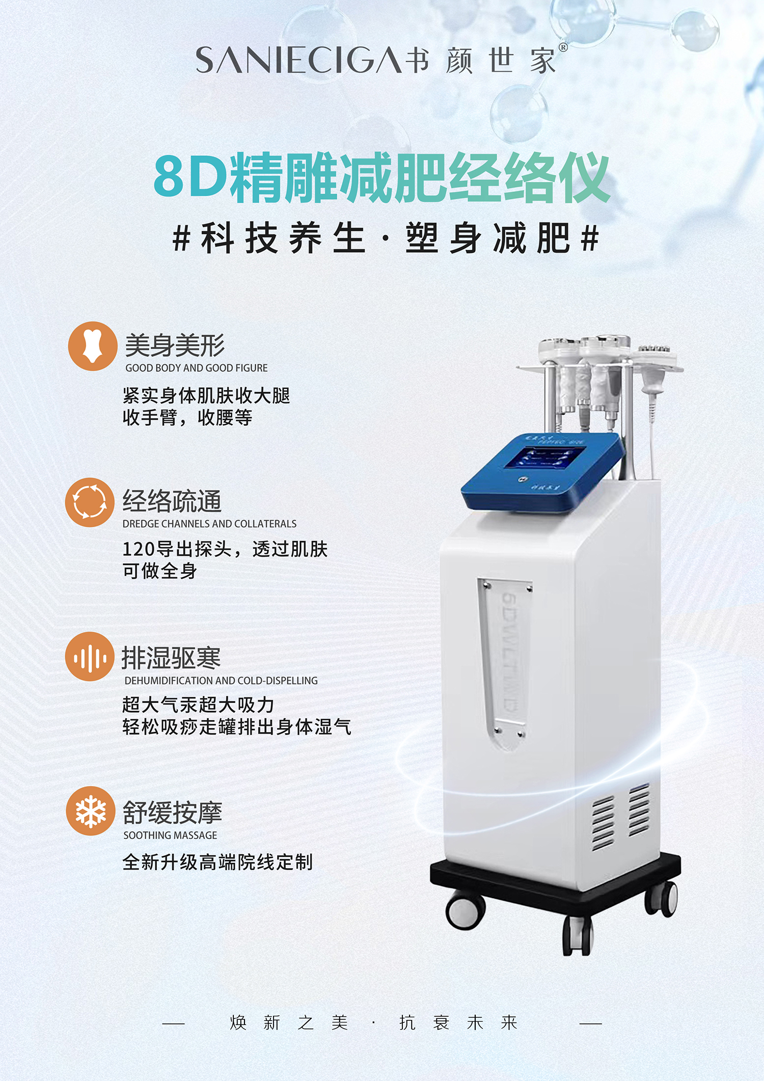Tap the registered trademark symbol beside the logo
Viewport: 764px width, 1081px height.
tap(563, 47)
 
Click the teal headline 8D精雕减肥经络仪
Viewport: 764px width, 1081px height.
tap(381, 177)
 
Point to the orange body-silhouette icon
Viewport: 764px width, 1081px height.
tap(93, 346)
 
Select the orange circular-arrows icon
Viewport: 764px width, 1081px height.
tap(90, 502)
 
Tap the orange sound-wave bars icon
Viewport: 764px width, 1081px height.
tap(90, 657)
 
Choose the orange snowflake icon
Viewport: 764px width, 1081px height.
tap(91, 811)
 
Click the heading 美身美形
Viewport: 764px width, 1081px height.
tap(175, 346)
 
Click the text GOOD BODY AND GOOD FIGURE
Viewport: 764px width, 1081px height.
tap(197, 368)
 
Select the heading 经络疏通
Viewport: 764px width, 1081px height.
tap(172, 501)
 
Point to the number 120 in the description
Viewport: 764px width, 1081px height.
tap(139, 550)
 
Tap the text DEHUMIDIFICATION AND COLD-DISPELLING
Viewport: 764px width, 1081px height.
tap(221, 681)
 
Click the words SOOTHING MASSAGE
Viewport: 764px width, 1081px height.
tap(170, 835)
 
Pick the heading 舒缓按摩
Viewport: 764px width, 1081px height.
tap(173, 813)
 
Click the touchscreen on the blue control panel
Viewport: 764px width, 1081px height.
tap(544, 457)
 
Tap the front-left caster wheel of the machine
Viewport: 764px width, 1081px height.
tap(465, 910)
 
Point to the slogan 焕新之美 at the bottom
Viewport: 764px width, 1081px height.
tap(289, 1022)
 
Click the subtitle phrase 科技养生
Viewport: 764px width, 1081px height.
tap(283, 238)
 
